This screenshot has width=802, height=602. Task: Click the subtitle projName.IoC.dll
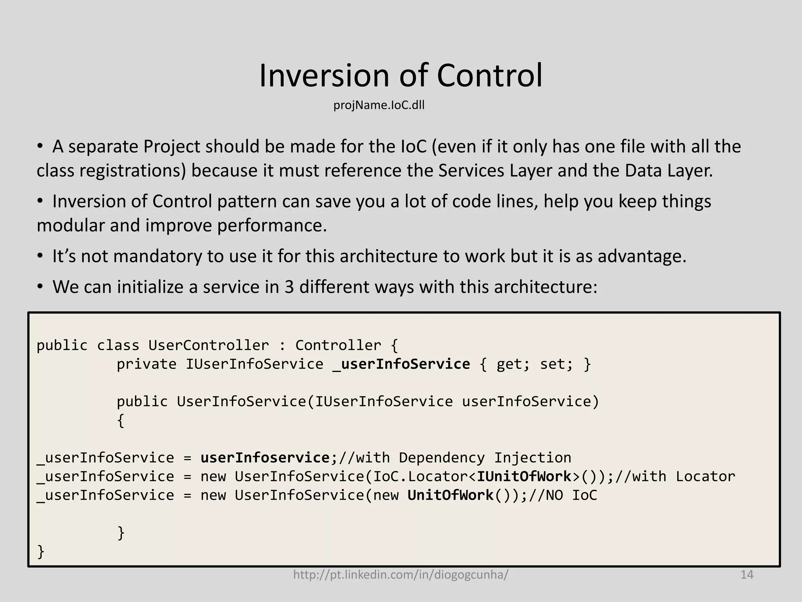pos(379,105)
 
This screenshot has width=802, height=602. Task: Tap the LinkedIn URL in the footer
pos(401,575)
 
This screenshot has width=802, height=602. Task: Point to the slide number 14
pos(747,575)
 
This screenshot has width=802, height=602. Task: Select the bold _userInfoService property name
pos(401,364)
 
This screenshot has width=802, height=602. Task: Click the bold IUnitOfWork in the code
pos(524,477)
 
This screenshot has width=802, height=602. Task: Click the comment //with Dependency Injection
pos(455,458)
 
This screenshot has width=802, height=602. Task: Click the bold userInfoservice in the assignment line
pos(266,458)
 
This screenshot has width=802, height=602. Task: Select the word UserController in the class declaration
pos(208,345)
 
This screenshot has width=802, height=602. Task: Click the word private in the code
pos(146,364)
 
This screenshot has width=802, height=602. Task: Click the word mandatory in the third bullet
pos(157,257)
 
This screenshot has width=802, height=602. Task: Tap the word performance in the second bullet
pos(272,226)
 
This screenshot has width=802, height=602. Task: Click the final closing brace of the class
pos(40,552)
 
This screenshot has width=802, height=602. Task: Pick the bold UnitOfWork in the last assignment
pos(450,495)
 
